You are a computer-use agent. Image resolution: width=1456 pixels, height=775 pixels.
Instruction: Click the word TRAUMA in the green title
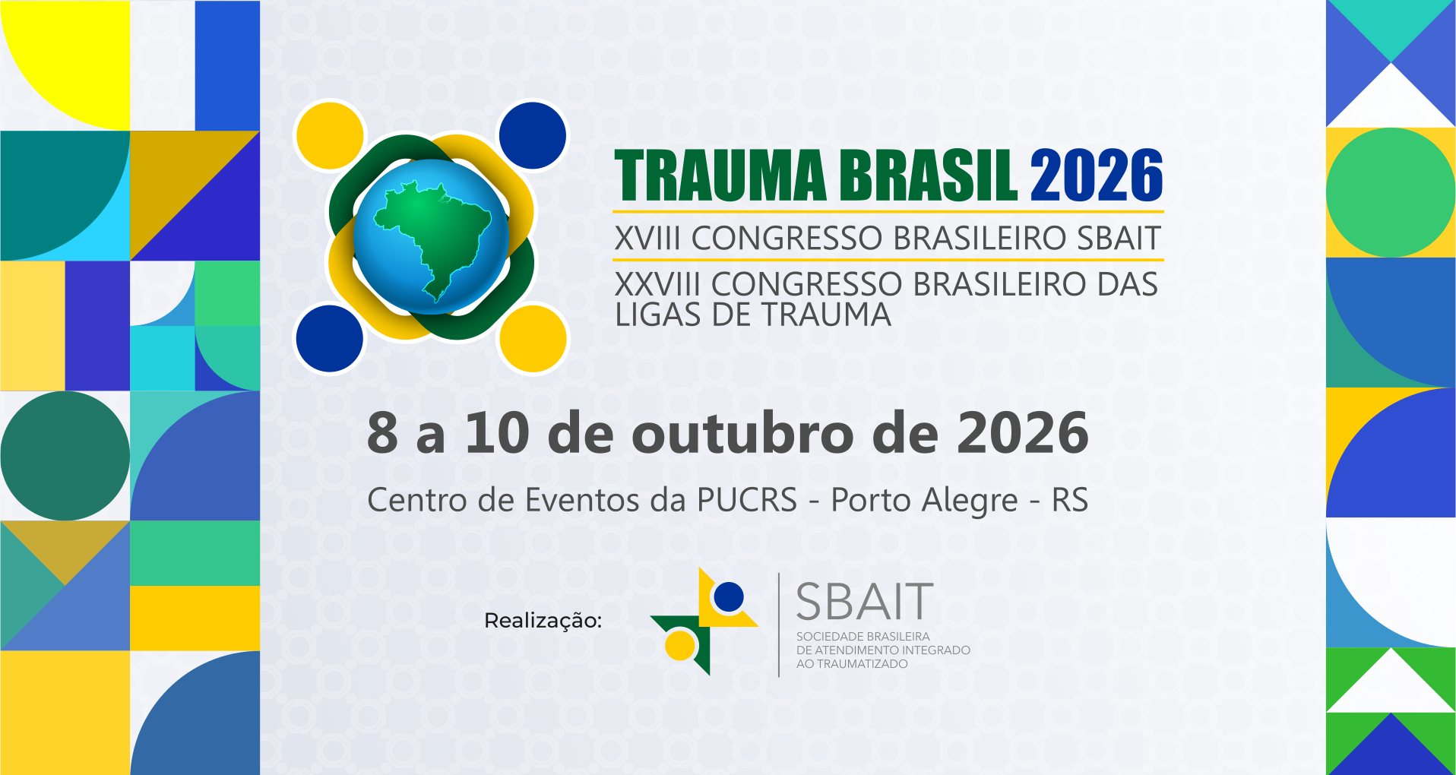coord(720,176)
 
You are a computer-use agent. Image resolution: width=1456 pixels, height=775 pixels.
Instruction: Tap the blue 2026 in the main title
coord(1096,176)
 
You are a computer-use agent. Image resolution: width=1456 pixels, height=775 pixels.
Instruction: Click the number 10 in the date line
coord(497,433)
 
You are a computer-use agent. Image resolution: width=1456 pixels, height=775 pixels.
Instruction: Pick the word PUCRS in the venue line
coord(747,501)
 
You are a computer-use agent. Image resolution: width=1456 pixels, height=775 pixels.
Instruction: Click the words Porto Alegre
coord(924,501)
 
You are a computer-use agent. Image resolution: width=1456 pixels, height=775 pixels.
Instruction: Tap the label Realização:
coord(543,621)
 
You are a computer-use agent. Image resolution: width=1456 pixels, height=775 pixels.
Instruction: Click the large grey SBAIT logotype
coord(864,602)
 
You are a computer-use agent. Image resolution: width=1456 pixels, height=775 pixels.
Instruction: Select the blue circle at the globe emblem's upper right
coord(532,135)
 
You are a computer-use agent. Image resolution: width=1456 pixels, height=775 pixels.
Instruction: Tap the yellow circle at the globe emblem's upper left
coord(330,135)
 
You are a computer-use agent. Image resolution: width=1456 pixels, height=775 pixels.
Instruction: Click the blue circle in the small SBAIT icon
coord(729,596)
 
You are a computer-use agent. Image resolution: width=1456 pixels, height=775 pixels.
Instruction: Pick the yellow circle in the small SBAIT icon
coord(680,646)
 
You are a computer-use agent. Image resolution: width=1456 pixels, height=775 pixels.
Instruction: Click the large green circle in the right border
coord(1391,192)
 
